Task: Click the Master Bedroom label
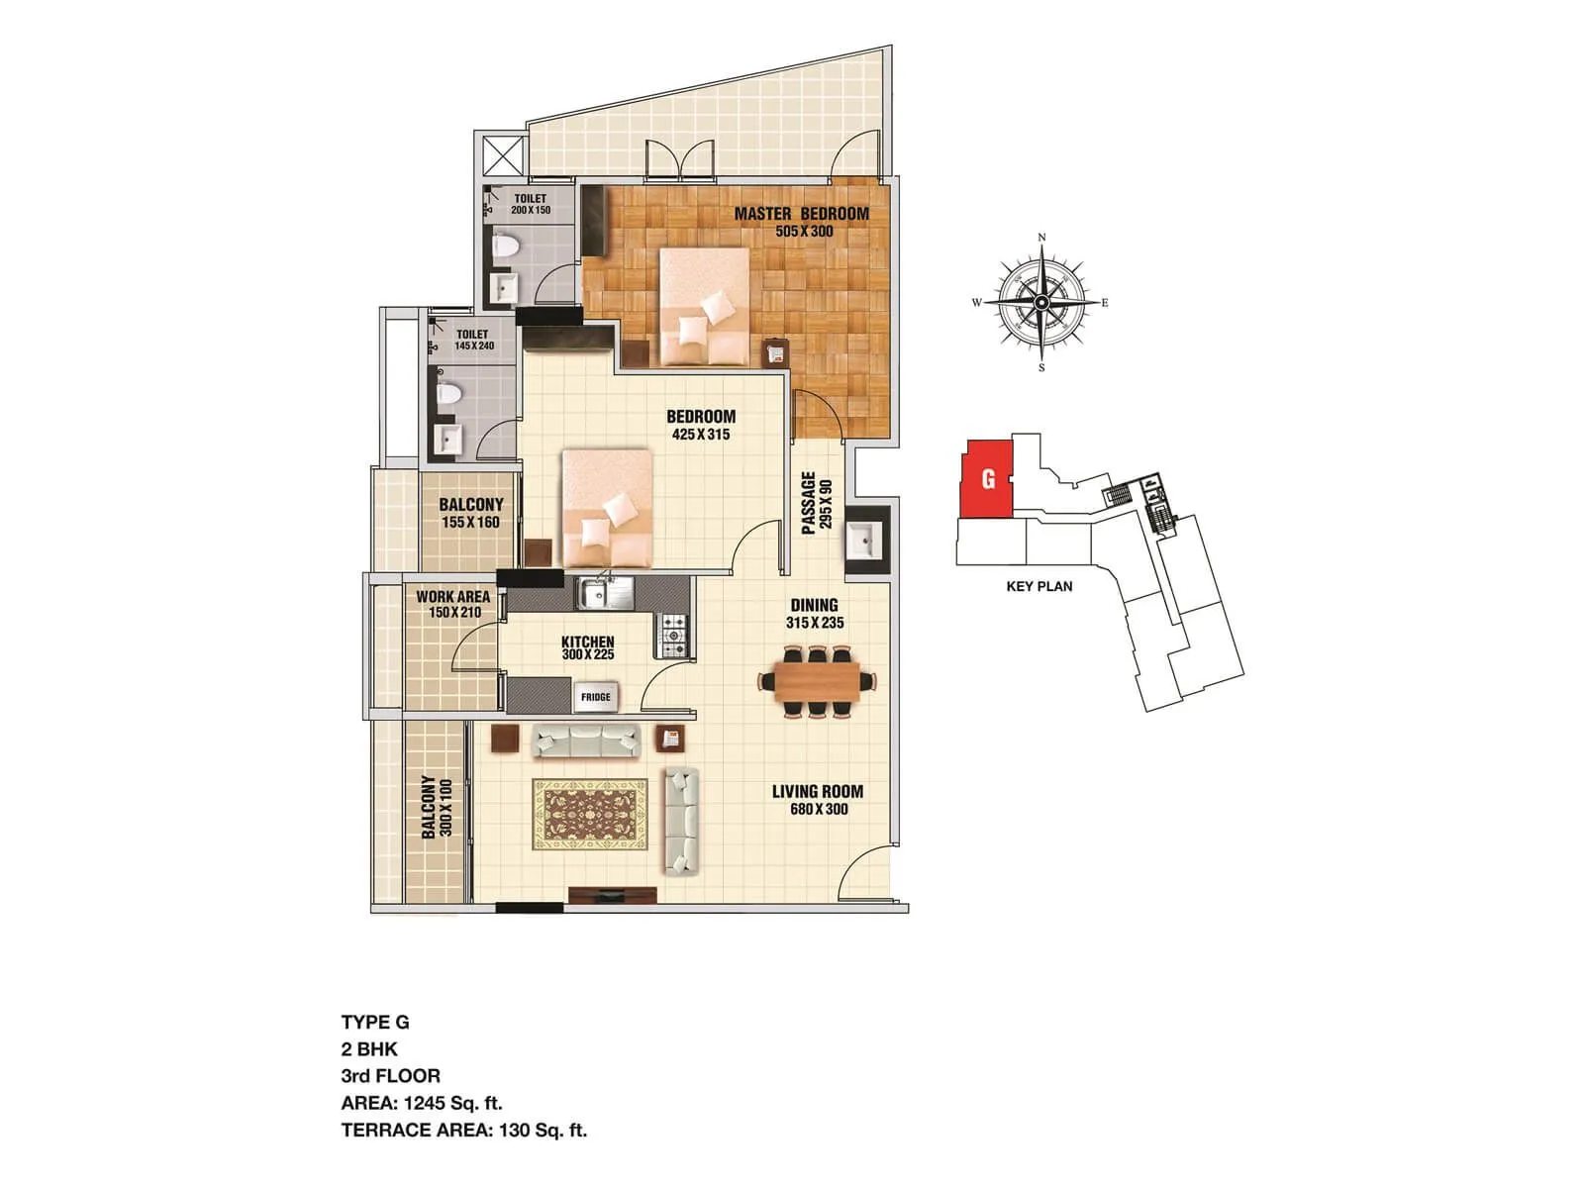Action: click(x=801, y=221)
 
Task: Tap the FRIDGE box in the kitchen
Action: click(x=596, y=697)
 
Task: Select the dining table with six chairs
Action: click(x=818, y=681)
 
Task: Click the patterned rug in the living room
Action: click(x=590, y=814)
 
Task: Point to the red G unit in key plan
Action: click(x=987, y=479)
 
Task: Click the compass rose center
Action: click(x=1041, y=302)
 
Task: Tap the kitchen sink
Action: click(x=606, y=593)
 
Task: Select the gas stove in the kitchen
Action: click(x=672, y=637)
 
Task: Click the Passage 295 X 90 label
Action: click(x=817, y=503)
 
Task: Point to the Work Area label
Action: click(x=453, y=604)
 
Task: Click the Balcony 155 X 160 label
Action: click(x=471, y=513)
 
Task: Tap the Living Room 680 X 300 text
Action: click(x=818, y=800)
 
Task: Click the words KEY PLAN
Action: click(x=1039, y=586)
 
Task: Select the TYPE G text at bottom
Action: click(x=375, y=1023)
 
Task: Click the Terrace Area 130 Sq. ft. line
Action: click(x=464, y=1130)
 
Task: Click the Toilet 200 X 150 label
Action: click(x=531, y=204)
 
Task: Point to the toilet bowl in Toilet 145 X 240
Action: click(x=449, y=393)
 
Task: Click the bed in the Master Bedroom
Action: click(x=704, y=307)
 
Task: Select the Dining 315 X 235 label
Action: click(x=815, y=614)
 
